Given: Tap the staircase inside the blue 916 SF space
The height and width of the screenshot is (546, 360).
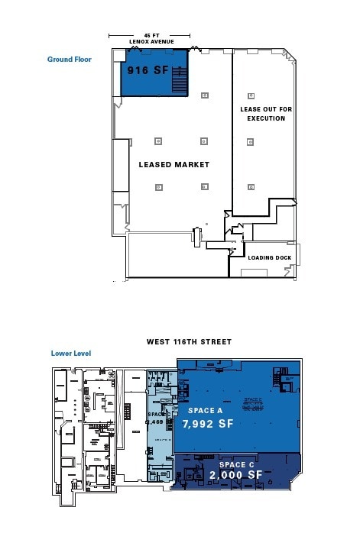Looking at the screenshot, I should click(x=179, y=81).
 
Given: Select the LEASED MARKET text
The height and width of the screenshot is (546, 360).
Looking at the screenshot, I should click(x=174, y=164).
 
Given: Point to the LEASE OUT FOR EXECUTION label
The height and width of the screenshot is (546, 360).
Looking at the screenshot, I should click(x=266, y=114).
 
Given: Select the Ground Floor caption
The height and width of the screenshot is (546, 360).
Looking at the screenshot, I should click(x=70, y=59).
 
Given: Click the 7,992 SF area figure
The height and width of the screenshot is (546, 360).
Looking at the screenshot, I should click(x=207, y=422).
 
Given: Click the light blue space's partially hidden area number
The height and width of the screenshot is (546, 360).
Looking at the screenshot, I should click(x=156, y=421).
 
